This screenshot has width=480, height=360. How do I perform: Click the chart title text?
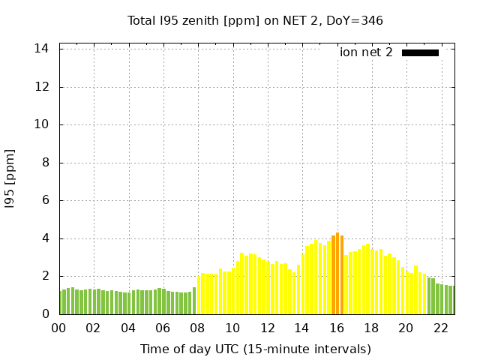click(255, 20)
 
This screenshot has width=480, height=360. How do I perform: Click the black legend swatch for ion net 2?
click(420, 52)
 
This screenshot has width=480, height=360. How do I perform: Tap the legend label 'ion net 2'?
click(366, 52)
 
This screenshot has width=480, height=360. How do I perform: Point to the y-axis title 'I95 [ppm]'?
click(10, 181)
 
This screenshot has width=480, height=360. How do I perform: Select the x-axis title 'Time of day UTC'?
click(255, 349)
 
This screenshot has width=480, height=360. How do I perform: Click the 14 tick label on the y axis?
click(42, 49)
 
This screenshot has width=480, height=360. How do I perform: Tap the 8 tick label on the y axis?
click(45, 163)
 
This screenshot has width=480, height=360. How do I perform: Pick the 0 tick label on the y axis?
click(45, 314)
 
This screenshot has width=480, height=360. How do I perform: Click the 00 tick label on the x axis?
click(59, 328)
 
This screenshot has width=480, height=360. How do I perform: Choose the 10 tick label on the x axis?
click(232, 328)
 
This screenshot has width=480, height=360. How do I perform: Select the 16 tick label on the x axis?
click(337, 328)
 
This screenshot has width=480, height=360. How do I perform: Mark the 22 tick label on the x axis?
click(441, 328)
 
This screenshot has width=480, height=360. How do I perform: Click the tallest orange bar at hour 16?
click(337, 274)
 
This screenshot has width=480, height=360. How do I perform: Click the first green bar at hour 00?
click(61, 302)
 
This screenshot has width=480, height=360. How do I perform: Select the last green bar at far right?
click(451, 300)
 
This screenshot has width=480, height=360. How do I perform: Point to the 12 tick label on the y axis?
click(42, 87)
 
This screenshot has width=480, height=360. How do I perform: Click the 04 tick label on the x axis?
click(128, 328)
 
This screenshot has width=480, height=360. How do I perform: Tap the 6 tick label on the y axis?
click(45, 200)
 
